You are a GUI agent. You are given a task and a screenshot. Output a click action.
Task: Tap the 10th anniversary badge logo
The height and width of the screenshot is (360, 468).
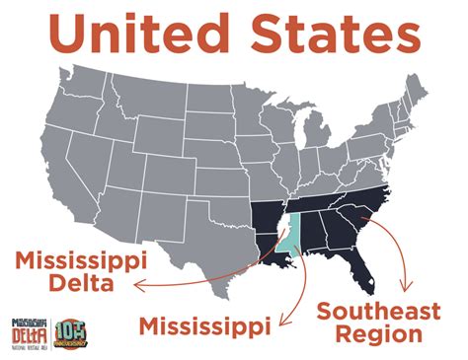pos(72,332)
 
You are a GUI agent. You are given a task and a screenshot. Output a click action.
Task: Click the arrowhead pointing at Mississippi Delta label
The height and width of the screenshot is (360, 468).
pos(138,286)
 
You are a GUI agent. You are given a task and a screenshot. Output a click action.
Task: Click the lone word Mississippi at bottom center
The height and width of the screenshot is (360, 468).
pos(206,324)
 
